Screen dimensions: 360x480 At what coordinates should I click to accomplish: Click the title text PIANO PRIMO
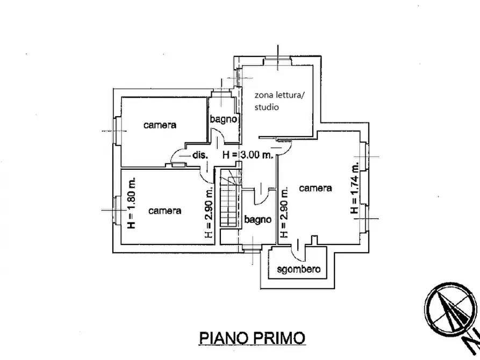[252, 338]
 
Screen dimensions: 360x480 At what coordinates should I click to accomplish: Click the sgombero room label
[298, 269]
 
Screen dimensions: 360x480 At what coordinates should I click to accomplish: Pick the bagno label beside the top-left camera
[224, 119]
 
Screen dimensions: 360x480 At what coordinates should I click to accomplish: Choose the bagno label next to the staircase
[258, 219]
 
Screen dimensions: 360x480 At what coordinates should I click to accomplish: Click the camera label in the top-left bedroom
[160, 125]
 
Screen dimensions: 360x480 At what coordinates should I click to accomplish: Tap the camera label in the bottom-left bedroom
[165, 211]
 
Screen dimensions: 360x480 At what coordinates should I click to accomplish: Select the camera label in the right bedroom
[316, 188]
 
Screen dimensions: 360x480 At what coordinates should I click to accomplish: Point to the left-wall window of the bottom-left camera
[116, 210]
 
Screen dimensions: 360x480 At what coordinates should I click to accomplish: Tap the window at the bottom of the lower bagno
[250, 248]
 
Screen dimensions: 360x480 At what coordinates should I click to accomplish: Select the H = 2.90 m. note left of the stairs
[209, 212]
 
